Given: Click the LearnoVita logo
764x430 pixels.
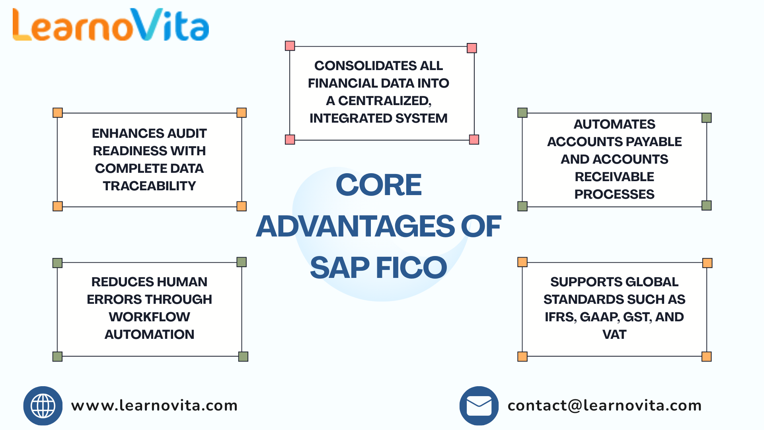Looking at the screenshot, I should pyautogui.click(x=111, y=25).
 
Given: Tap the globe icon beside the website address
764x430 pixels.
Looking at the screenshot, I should pyautogui.click(x=43, y=406).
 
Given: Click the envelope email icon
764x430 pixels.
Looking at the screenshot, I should pyautogui.click(x=479, y=406).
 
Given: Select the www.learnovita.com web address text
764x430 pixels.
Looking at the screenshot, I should pyautogui.click(x=154, y=406).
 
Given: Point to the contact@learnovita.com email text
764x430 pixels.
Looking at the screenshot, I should pyautogui.click(x=604, y=406).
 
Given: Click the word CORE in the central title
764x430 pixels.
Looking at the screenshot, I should pyautogui.click(x=378, y=185).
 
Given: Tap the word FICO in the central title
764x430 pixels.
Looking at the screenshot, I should pyautogui.click(x=411, y=268).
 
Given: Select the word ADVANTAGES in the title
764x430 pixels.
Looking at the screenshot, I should pyautogui.click(x=355, y=226).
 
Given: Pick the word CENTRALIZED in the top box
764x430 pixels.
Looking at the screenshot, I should pyautogui.click(x=384, y=101).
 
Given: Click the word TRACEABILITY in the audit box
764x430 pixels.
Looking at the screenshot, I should pyautogui.click(x=149, y=186).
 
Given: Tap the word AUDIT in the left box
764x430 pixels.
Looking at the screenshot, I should pyautogui.click(x=187, y=133).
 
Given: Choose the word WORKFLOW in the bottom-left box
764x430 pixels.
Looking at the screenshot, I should pyautogui.click(x=149, y=317).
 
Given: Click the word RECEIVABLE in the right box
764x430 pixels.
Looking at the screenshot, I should pyautogui.click(x=614, y=177).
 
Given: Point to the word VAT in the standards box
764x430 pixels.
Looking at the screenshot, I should pyautogui.click(x=614, y=334).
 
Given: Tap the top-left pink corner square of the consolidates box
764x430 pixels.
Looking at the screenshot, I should pyautogui.click(x=290, y=46).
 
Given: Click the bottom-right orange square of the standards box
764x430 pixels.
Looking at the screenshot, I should pyautogui.click(x=707, y=356).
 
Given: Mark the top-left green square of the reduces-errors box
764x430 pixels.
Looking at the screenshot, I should pyautogui.click(x=58, y=263).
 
